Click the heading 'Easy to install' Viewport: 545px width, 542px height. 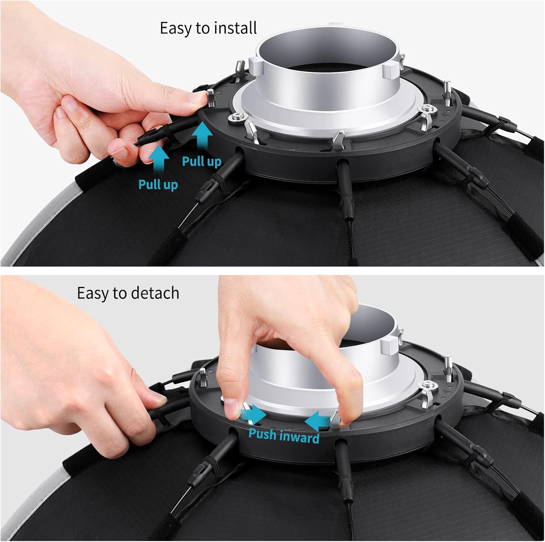(x=209, y=28)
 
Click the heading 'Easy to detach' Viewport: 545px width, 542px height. (x=128, y=293)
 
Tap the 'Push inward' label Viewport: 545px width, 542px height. (x=284, y=435)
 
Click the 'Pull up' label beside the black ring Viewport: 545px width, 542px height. (x=202, y=161)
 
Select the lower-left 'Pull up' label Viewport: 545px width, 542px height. (x=158, y=184)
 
